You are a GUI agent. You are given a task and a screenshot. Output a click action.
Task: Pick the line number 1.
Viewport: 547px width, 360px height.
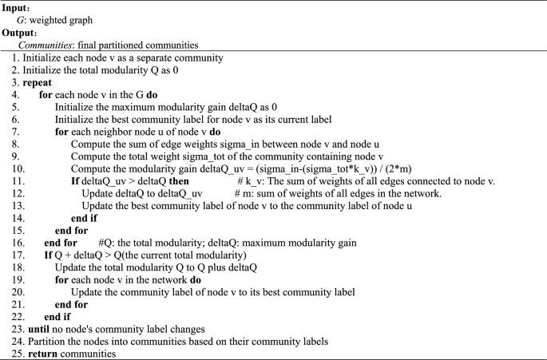click(15, 58)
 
